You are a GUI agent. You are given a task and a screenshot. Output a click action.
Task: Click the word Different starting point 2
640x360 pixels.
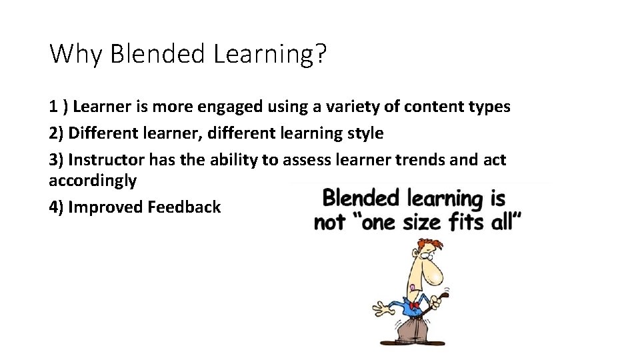point(104,133)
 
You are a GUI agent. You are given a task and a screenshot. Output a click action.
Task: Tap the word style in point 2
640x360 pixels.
point(365,133)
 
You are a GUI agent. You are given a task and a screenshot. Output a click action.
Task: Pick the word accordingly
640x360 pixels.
point(93,180)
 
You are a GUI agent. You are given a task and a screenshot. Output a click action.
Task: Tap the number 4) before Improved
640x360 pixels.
point(57,207)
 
